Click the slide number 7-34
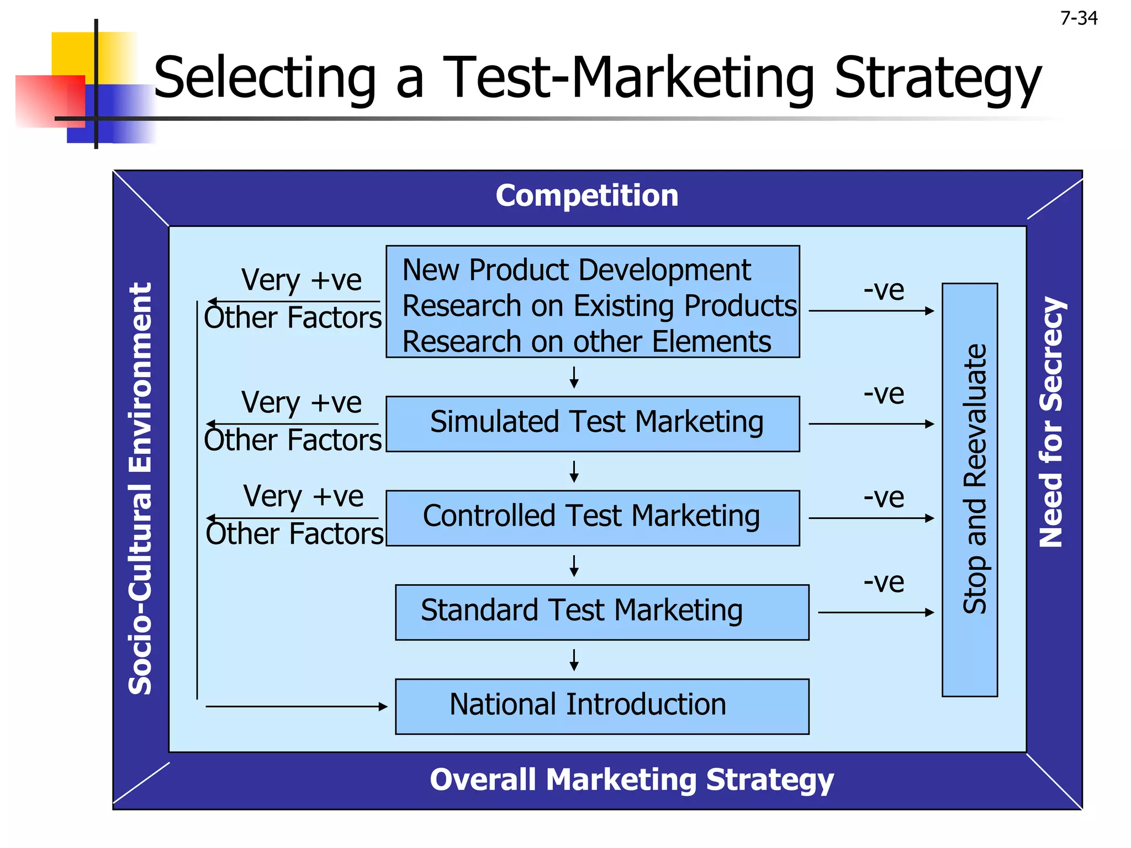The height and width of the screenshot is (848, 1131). pyautogui.click(x=1079, y=18)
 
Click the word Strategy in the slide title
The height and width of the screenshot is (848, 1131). pyautogui.click(x=937, y=79)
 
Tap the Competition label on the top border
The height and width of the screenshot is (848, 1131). pyautogui.click(x=586, y=195)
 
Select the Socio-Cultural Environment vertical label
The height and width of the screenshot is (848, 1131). pyautogui.click(x=140, y=488)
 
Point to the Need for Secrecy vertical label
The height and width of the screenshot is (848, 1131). pyautogui.click(x=1051, y=422)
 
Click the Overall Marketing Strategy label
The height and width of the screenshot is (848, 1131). pyautogui.click(x=631, y=780)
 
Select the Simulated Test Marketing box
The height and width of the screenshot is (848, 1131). pyautogui.click(x=593, y=423)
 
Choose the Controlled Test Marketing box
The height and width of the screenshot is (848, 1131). pyautogui.click(x=593, y=518)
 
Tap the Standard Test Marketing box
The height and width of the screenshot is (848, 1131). pyautogui.click(x=602, y=612)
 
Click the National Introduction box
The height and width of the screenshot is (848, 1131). pyautogui.click(x=602, y=706)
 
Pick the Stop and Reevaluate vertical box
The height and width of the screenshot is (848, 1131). pyautogui.click(x=970, y=490)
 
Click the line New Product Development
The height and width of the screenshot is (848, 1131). pyautogui.click(x=576, y=270)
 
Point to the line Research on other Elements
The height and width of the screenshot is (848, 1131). pyautogui.click(x=586, y=341)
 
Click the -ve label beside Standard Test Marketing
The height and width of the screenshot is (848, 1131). pyautogui.click(x=884, y=582)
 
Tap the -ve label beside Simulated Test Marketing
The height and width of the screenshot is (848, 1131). pyautogui.click(x=884, y=394)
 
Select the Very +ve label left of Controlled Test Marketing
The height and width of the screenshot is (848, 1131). pyautogui.click(x=303, y=496)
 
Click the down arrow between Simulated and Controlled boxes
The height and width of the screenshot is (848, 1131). pyautogui.click(x=574, y=471)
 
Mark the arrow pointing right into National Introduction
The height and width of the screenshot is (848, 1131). pyautogui.click(x=297, y=706)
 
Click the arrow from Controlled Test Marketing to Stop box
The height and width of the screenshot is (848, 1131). pyautogui.click(x=871, y=518)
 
